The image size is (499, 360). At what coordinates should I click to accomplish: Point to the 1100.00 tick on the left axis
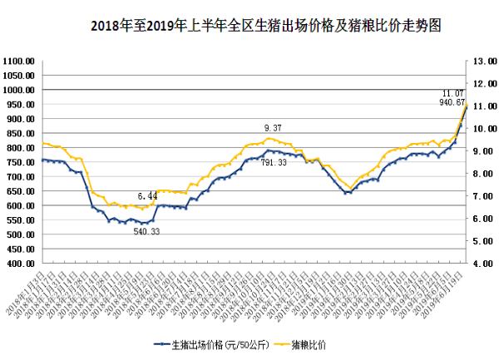[18, 62]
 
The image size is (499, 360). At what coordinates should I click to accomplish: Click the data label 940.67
[451, 102]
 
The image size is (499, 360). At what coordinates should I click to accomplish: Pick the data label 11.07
[452, 93]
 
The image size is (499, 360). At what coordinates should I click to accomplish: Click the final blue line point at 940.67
[465, 107]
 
